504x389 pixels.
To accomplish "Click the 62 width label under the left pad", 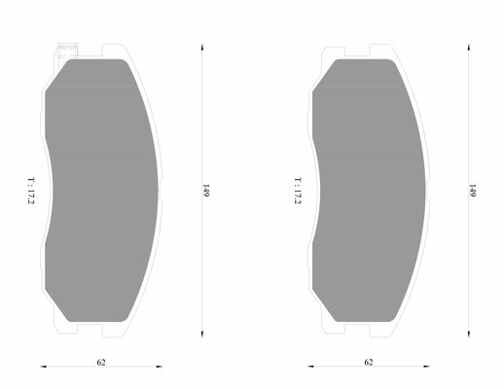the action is [x=101, y=362].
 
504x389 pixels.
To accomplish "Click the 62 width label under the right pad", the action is [x=369, y=362].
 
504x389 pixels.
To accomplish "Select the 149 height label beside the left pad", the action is [x=206, y=191].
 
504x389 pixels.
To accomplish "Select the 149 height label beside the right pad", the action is [x=472, y=191].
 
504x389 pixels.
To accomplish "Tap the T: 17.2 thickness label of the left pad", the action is [x=31, y=191].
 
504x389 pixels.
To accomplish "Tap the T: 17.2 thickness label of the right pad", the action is [x=298, y=191].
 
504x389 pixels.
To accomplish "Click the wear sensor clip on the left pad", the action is [x=67, y=51].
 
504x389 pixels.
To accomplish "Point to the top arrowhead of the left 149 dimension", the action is [x=202, y=48].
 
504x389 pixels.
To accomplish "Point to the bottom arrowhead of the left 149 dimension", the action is [x=202, y=334].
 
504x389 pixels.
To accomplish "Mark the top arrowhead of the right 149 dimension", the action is [x=469, y=48].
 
